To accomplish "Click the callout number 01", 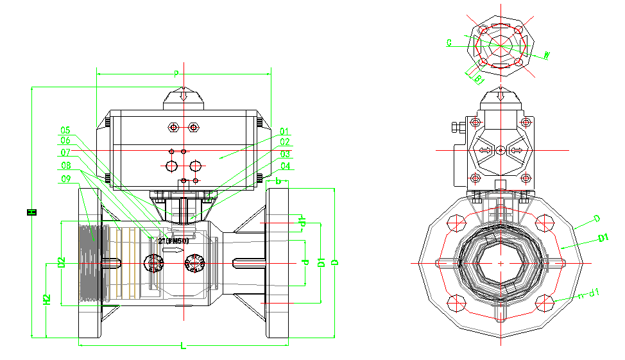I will (x=285, y=131).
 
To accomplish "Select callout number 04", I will (x=285, y=166).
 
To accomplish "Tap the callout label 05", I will (x=65, y=130).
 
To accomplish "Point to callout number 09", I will (x=65, y=178).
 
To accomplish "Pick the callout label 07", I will (x=65, y=153).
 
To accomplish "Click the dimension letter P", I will (x=176, y=74).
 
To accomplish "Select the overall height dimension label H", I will (x=31, y=211).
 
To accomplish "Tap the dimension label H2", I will (x=47, y=299).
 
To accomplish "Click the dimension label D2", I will (x=62, y=262).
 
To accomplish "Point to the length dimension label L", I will (x=183, y=347).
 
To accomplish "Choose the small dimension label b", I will (x=278, y=182).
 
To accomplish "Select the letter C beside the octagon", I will (x=449, y=43).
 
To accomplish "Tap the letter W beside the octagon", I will (x=547, y=55).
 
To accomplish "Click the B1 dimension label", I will (x=479, y=80).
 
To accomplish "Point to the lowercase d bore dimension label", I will (x=306, y=262).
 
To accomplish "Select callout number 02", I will (x=285, y=142).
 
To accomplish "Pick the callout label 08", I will (x=65, y=166).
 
